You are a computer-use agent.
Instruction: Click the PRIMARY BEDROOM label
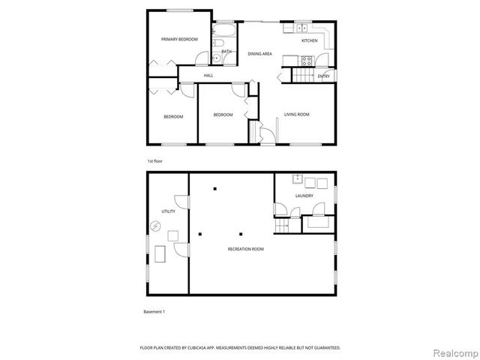pos(179,39)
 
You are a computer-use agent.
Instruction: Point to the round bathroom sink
pos(215,57)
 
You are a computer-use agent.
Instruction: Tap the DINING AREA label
pos(259,53)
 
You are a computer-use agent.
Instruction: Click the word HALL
pos(208,76)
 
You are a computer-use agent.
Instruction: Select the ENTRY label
pos(324,76)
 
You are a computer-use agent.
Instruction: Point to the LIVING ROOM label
pos(297,115)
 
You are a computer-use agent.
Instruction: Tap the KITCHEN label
pos(309,40)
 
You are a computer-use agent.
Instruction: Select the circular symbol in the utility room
pos(155,226)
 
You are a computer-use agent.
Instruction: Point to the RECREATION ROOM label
pos(246,249)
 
